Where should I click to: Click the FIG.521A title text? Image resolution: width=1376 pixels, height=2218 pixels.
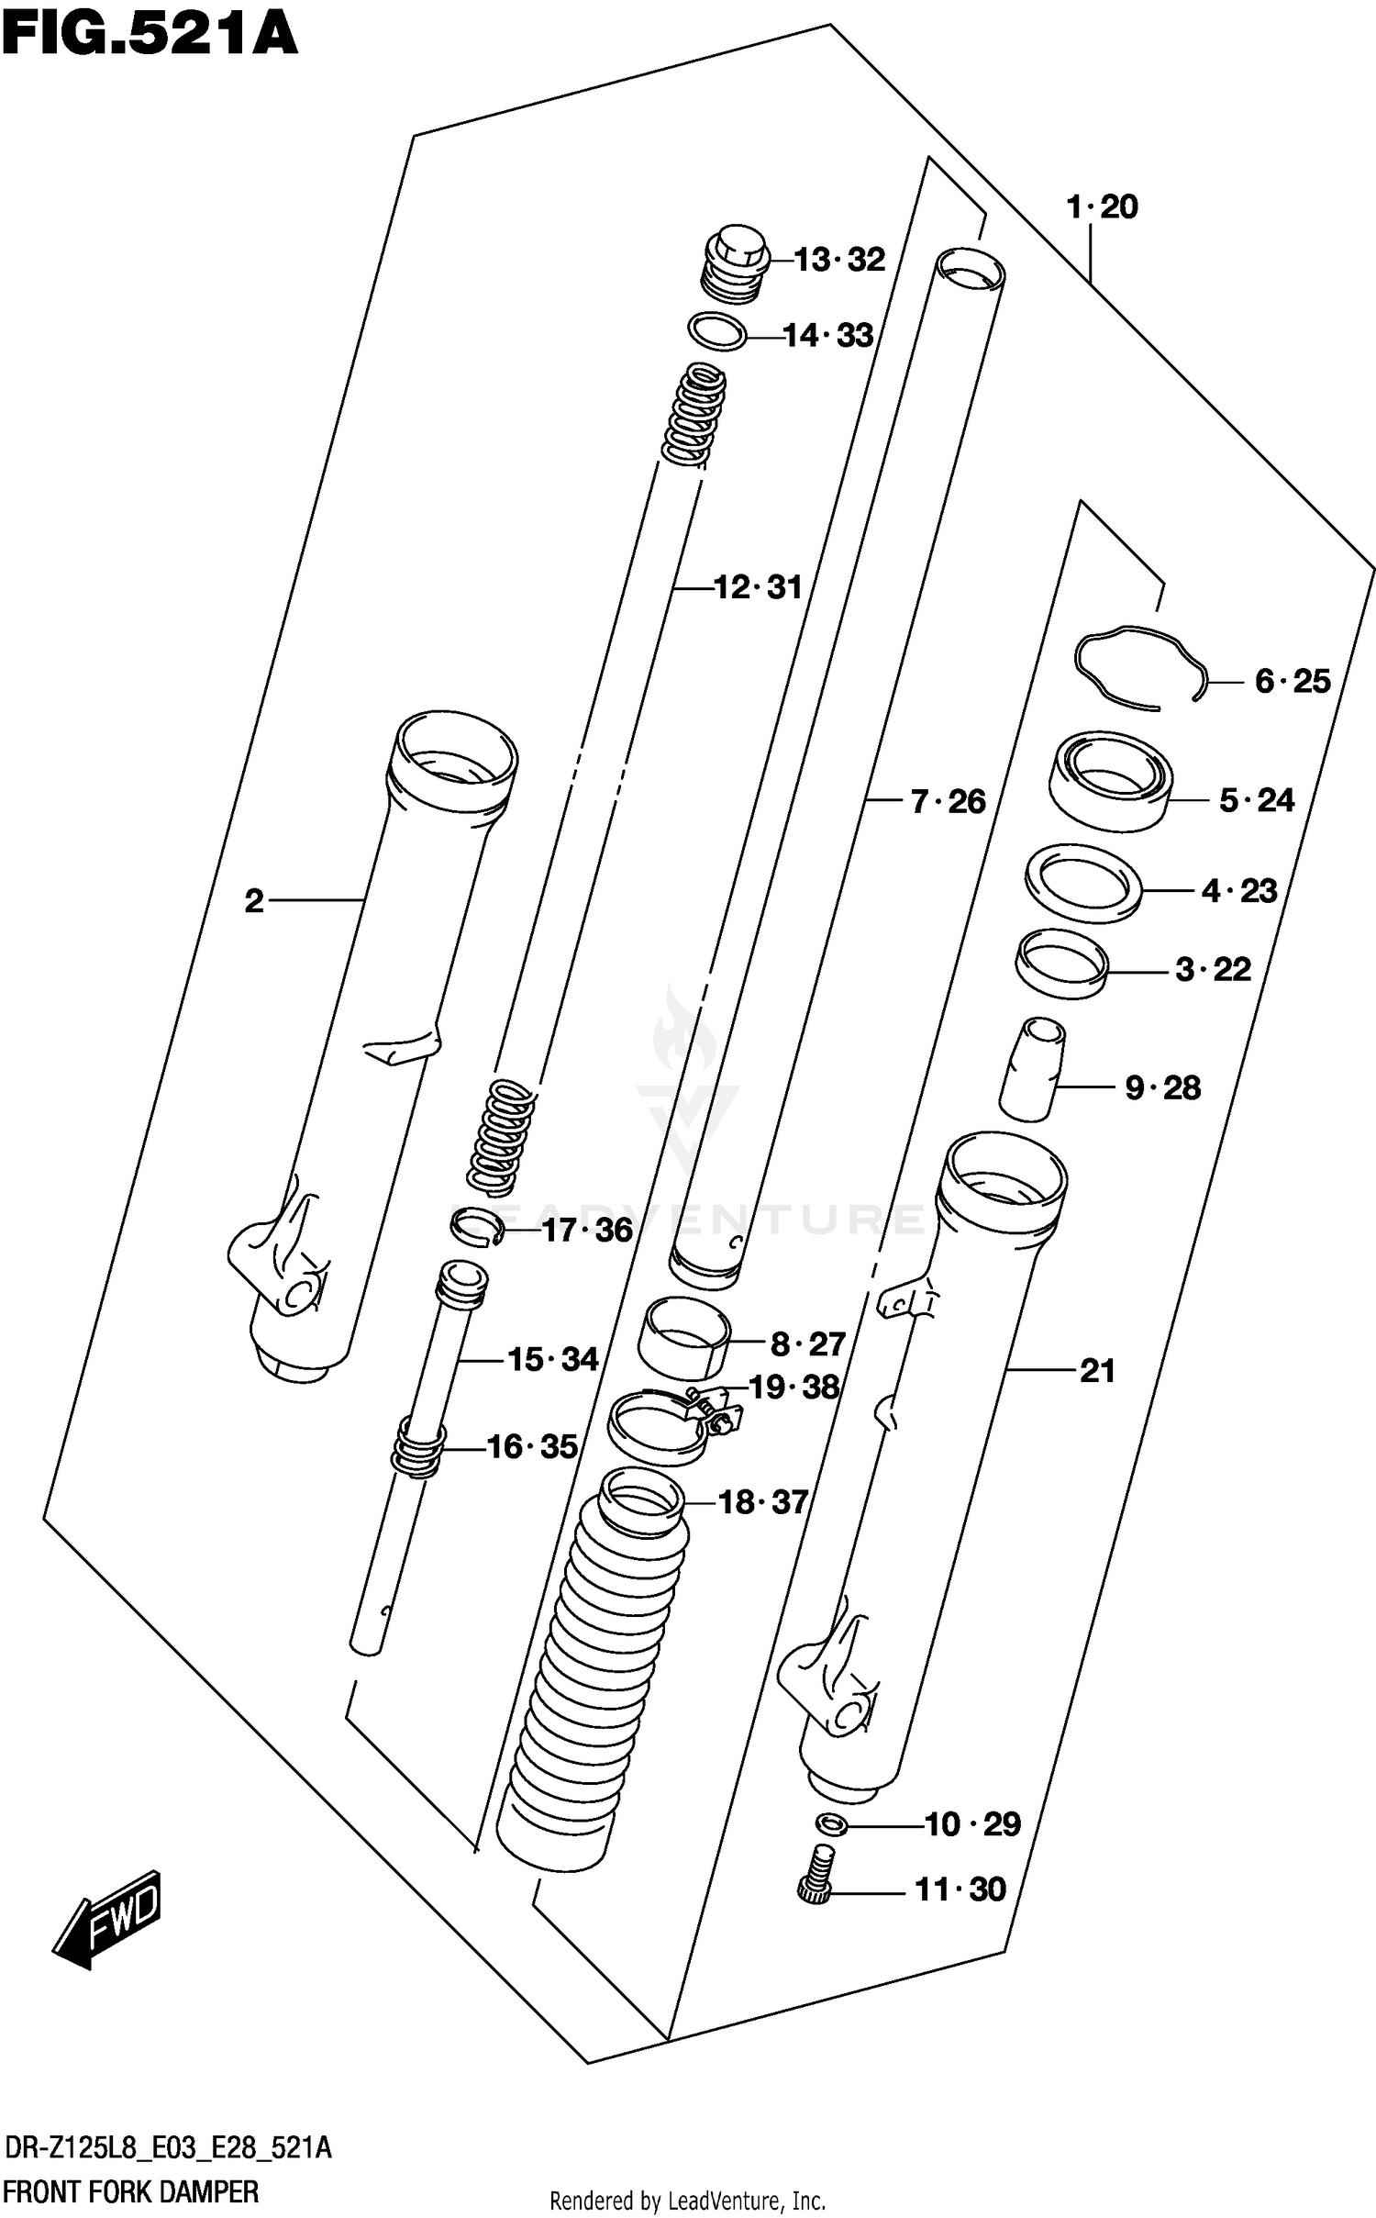(150, 34)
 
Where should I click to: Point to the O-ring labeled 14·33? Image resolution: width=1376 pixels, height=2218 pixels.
(716, 332)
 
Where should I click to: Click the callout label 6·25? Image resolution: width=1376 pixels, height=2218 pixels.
(1292, 681)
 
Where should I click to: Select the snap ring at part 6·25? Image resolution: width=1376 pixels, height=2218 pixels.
(1137, 667)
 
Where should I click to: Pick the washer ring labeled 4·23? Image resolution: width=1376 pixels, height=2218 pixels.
(1083, 882)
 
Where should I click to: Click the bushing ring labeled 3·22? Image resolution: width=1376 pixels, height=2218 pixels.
(1061, 964)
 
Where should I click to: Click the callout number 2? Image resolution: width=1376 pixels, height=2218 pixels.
(254, 901)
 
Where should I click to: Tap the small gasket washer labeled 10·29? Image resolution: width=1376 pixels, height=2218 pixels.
(830, 1824)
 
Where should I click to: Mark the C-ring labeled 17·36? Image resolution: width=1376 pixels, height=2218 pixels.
(477, 1227)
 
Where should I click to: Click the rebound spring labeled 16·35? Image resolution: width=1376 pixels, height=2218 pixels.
(419, 1447)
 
